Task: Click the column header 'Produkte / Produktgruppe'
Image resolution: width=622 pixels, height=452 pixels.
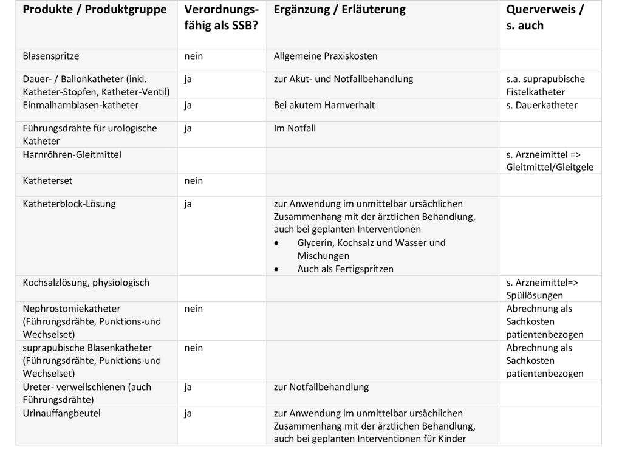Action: [94, 10]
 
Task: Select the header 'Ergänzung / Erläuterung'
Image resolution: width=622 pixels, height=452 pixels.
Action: [340, 10]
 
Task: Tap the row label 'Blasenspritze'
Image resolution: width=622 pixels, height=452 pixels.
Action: [51, 56]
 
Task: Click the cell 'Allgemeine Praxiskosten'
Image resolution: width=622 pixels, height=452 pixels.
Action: [326, 56]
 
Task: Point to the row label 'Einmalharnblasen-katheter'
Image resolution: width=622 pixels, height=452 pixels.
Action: [81, 105]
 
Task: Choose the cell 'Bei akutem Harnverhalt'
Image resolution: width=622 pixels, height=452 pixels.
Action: [324, 105]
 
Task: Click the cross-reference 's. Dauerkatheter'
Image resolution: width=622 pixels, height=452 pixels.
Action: [542, 105]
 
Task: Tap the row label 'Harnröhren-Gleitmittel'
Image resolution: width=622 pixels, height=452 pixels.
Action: [72, 154]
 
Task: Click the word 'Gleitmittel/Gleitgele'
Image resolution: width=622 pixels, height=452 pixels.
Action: [550, 168]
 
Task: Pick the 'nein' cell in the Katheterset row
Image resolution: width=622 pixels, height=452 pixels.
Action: [194, 181]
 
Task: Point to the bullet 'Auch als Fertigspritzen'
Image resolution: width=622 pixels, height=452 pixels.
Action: [345, 269]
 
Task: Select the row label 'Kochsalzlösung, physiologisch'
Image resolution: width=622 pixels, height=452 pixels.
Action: [86, 282]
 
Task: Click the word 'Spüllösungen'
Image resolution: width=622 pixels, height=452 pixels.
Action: [535, 296]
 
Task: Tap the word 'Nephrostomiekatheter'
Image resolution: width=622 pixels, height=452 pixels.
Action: [72, 309]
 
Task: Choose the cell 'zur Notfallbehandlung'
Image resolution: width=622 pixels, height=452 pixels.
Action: [321, 387]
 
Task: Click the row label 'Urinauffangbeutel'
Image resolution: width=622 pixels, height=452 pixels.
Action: [61, 413]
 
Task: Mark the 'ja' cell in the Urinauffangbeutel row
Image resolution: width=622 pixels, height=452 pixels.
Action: [188, 413]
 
